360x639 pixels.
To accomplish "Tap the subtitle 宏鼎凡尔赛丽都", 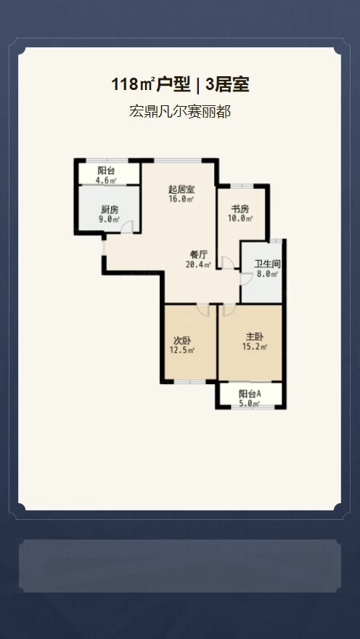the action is (180, 111).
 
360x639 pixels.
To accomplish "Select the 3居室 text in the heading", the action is (227, 85).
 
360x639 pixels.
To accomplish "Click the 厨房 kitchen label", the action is (110, 211).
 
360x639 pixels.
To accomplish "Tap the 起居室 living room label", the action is (181, 190).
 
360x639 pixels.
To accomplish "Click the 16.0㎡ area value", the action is (181, 199).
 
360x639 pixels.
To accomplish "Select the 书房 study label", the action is (240, 209).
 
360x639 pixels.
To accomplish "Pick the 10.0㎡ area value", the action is (240, 219).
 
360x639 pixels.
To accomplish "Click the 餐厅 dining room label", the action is (199, 255).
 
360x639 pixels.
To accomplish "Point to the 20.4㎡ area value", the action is (198, 264).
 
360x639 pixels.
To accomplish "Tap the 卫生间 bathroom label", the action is (268, 264).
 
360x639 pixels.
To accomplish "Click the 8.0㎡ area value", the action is (267, 274).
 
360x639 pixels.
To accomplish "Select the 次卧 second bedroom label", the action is (182, 341).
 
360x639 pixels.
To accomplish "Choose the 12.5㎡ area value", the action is (182, 350).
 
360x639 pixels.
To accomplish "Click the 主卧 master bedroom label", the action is (255, 337).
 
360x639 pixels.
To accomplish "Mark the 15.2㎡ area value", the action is (255, 347).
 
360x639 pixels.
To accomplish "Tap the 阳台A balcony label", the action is (250, 394).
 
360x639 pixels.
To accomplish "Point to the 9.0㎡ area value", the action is (110, 220).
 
